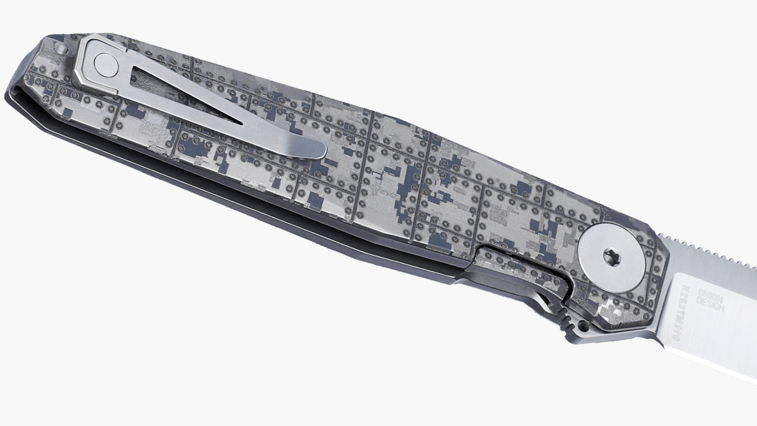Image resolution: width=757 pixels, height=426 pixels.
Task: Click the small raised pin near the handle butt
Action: click(x=60, y=49)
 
